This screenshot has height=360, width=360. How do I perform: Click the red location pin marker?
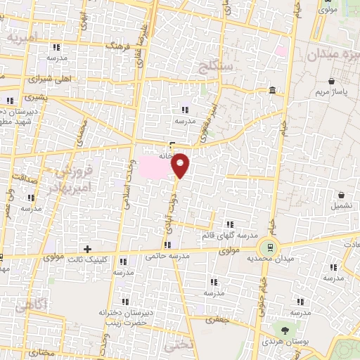(181, 165)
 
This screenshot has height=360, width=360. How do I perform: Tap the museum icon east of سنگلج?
(272, 90)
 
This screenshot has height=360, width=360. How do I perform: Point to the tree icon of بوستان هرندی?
(285, 329)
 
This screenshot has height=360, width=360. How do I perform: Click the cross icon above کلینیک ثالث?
(87, 249)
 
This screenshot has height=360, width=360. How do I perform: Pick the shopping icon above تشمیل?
(341, 195)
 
